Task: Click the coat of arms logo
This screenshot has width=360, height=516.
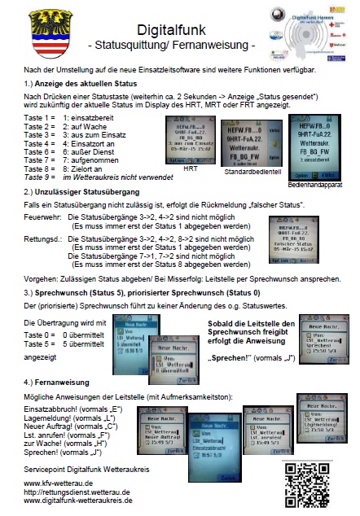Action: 33,33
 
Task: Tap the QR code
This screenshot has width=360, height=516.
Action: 312,486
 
